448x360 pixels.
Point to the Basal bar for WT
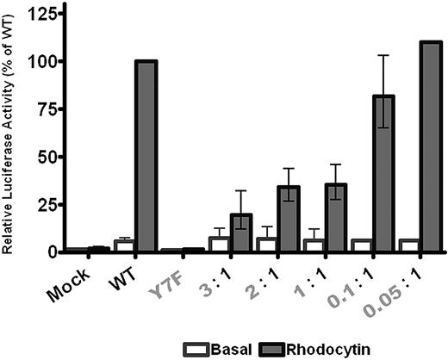[124, 246]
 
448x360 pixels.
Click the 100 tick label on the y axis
[40, 61]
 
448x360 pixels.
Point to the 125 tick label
[40, 14]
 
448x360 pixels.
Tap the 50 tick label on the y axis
[44, 156]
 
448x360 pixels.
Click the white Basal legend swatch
[196, 348]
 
